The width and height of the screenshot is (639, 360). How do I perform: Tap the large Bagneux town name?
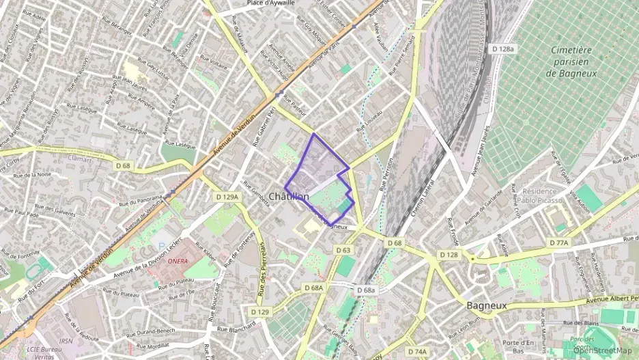point(486,305)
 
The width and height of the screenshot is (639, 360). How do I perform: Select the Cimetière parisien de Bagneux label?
point(573,61)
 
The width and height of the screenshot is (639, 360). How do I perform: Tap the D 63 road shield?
point(343,251)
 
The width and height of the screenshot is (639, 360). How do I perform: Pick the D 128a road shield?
point(505,49)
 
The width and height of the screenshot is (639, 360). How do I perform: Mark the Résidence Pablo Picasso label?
point(541,196)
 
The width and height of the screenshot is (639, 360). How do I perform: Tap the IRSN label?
point(66,341)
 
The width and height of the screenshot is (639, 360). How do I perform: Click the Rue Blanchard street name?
point(236,329)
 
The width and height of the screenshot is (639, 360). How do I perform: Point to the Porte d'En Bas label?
point(518,346)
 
